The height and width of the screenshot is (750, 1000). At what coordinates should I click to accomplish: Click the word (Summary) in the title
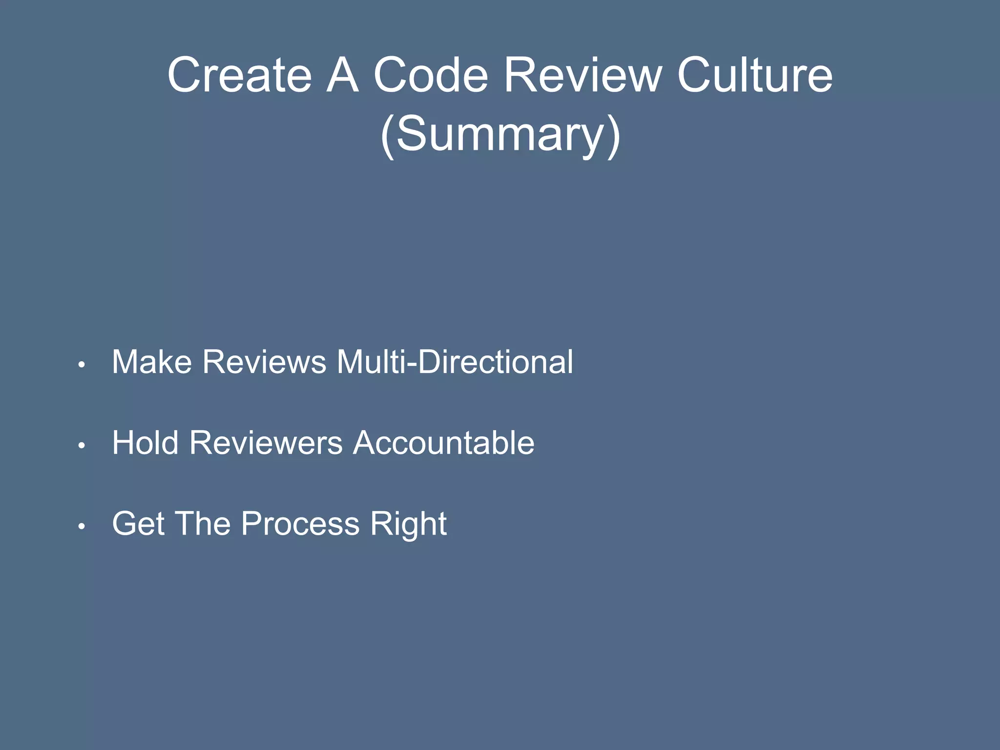[x=500, y=134]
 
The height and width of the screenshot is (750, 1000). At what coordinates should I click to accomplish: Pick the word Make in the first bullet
[x=152, y=362]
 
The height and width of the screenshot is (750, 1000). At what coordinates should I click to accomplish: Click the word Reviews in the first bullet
[x=264, y=362]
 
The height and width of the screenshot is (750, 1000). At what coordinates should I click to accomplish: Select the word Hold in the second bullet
[x=145, y=443]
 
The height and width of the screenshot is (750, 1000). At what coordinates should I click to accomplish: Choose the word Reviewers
[x=266, y=443]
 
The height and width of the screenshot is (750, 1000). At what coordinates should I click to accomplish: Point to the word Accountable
[x=443, y=443]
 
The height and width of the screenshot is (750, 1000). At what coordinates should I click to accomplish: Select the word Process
[x=300, y=524]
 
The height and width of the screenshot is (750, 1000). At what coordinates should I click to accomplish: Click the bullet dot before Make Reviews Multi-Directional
[x=82, y=364]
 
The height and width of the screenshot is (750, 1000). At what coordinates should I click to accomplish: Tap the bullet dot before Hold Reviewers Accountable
[x=82, y=445]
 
